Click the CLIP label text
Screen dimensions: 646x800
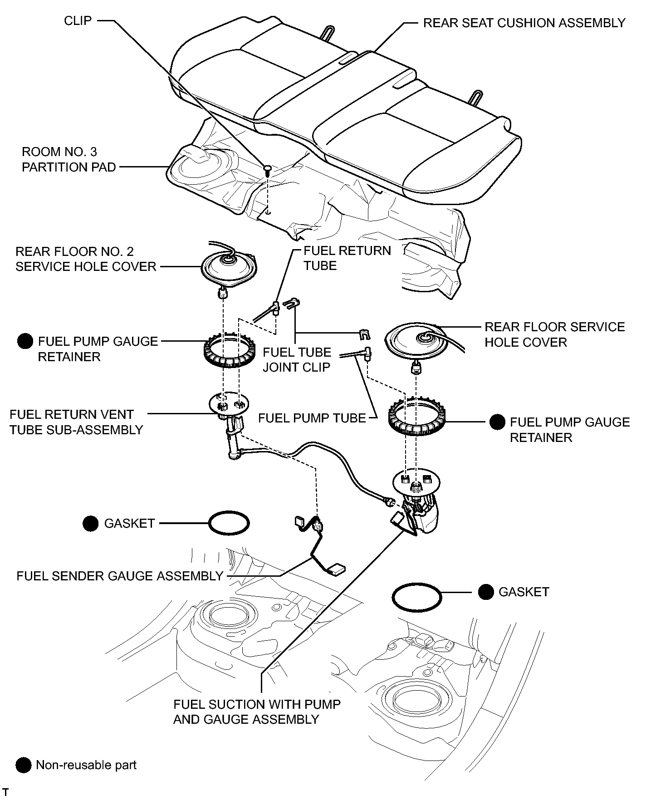pos(78,21)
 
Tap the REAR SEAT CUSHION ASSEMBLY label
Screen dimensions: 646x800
pos(524,23)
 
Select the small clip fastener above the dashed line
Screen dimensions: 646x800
pos(268,170)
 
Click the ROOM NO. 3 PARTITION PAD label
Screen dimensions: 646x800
pos(69,159)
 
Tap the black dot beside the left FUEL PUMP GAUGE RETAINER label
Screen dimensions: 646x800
pos(24,342)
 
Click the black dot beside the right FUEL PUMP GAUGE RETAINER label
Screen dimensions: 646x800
pos(497,422)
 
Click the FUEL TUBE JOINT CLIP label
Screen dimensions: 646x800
pos(297,360)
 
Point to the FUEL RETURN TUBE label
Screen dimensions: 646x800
pos(347,258)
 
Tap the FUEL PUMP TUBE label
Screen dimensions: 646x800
pos(312,418)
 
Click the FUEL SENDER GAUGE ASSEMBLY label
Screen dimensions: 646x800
pos(120,576)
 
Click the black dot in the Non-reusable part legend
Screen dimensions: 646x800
pos(23,766)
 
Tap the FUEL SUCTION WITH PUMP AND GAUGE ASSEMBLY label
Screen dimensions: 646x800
pos(257,712)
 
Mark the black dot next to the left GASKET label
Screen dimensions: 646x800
pos(91,524)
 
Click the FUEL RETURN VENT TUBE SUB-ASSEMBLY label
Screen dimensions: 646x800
pos(76,422)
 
